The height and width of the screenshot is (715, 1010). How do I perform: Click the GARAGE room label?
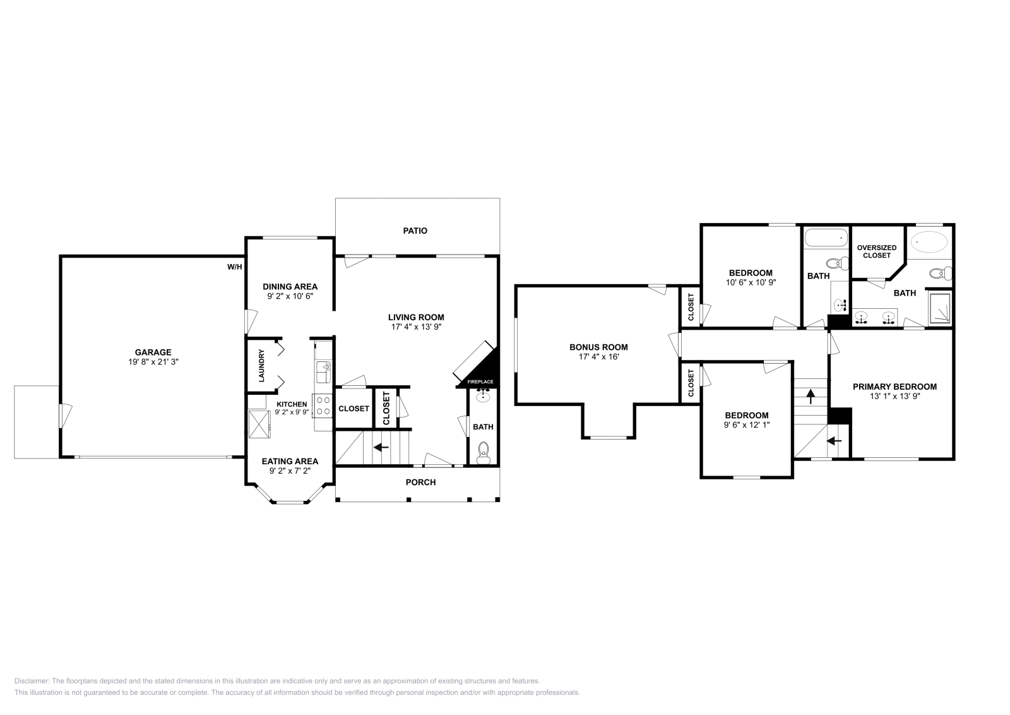click(153, 352)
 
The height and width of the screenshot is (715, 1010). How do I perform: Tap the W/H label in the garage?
click(234, 267)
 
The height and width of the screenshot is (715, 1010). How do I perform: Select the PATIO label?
click(415, 231)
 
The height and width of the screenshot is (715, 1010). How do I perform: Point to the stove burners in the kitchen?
click(323, 406)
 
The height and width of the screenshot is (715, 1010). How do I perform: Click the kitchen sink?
click(324, 371)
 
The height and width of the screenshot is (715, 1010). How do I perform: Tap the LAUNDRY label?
click(261, 366)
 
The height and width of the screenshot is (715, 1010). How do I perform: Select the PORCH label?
click(420, 483)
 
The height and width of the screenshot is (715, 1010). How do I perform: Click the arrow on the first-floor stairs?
click(381, 447)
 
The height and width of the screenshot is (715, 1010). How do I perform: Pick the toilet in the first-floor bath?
click(484, 453)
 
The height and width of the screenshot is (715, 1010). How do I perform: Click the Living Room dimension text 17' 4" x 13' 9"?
click(417, 327)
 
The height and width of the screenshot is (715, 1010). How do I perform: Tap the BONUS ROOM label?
click(598, 347)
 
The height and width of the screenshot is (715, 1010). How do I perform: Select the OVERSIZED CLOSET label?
click(877, 251)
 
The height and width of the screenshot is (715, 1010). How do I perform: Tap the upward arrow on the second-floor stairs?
click(811, 397)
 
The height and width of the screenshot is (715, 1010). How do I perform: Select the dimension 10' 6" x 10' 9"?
click(751, 283)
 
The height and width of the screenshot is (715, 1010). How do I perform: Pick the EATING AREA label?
click(290, 461)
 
